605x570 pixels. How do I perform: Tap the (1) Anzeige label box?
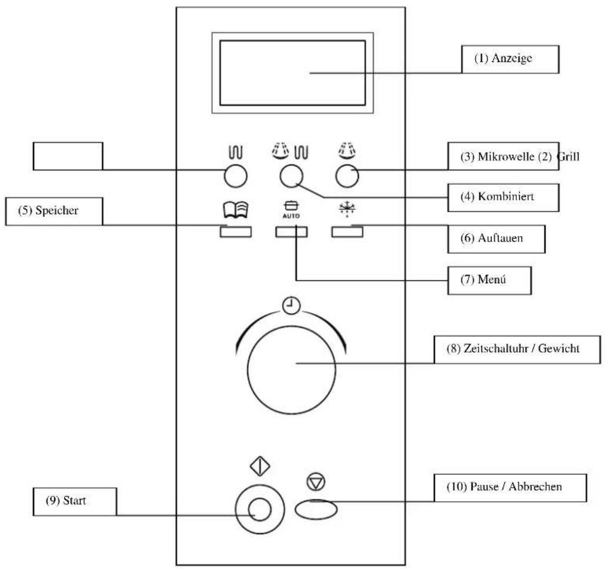(509, 59)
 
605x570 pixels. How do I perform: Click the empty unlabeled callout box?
(68, 156)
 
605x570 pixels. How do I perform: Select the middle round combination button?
(291, 175)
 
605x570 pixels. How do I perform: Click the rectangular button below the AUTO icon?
(291, 232)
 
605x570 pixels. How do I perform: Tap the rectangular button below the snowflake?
(347, 232)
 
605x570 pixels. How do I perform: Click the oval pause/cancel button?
(316, 509)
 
